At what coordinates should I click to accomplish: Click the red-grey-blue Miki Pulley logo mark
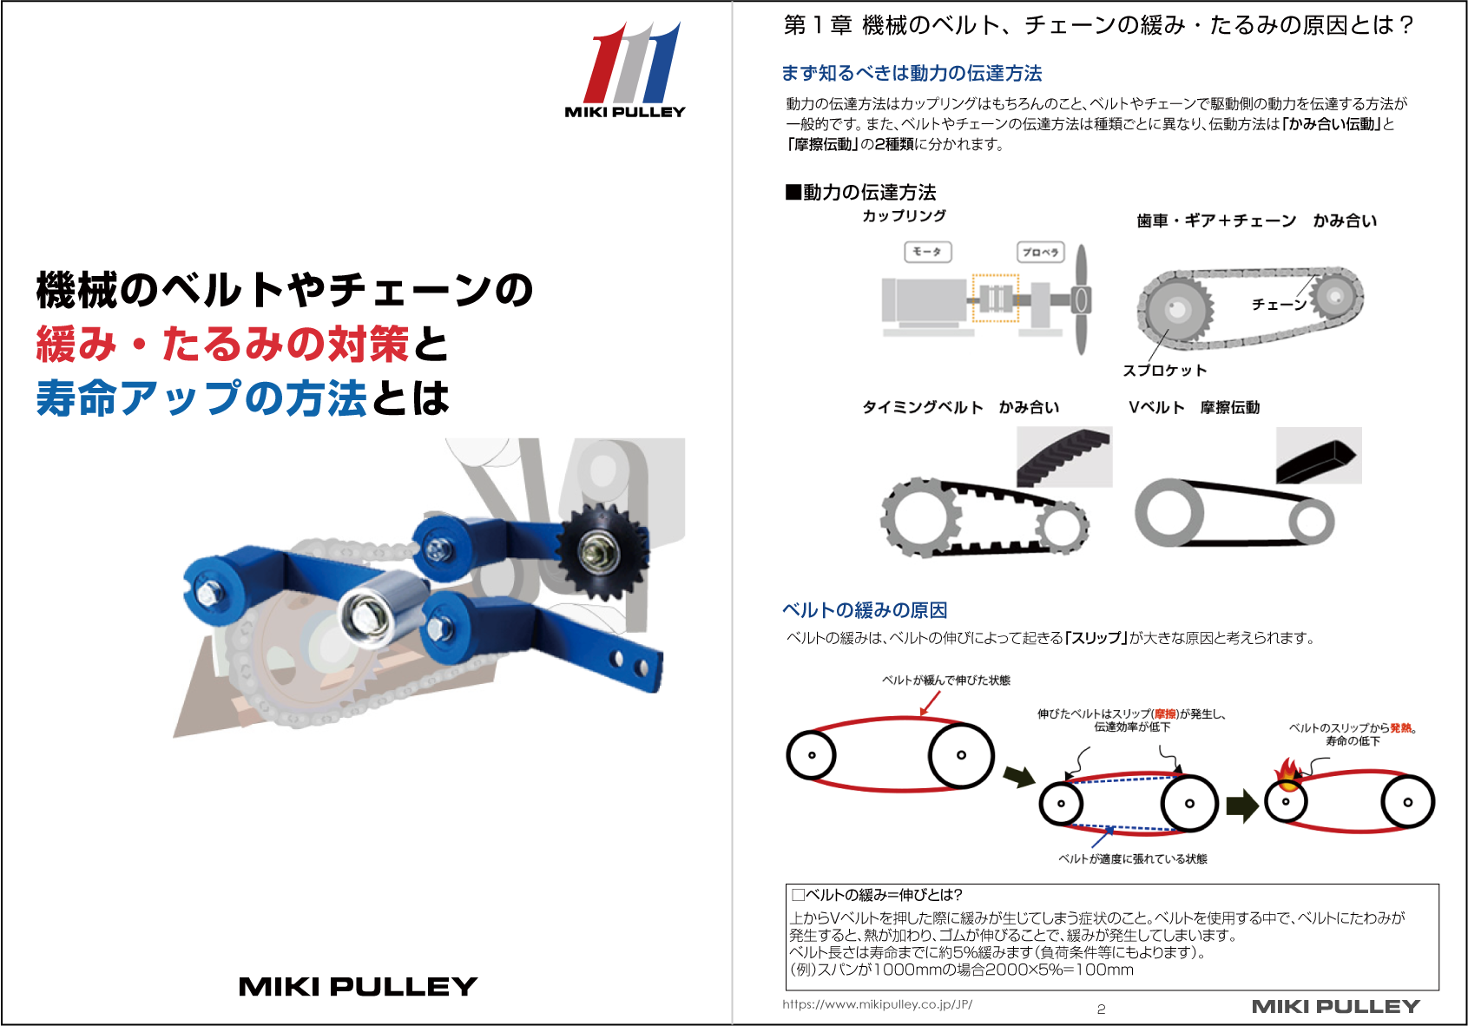coord(631,62)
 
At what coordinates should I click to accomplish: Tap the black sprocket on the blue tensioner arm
coord(601,552)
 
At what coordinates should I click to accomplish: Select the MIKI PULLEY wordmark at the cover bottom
coord(358,986)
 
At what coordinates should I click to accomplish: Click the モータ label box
coord(927,252)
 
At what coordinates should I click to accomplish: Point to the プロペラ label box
coord(1041,253)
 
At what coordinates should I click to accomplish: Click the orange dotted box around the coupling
coord(996,298)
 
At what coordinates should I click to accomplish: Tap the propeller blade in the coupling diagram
coord(1082,299)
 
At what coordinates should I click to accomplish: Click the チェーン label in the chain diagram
coord(1279,305)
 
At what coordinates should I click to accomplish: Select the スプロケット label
coord(1164,370)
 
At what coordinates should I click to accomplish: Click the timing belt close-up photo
coord(1064,457)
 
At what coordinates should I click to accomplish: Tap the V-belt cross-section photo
coord(1319,456)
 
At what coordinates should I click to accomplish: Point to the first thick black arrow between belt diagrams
coord(1019,776)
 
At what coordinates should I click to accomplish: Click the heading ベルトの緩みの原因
coord(865,610)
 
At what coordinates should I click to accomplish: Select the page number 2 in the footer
coord(1101,1009)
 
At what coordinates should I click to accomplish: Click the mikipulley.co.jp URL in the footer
coord(877,1003)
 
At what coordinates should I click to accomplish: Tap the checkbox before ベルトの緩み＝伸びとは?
coord(798,895)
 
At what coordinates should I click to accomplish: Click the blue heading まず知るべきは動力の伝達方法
coord(912,73)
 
